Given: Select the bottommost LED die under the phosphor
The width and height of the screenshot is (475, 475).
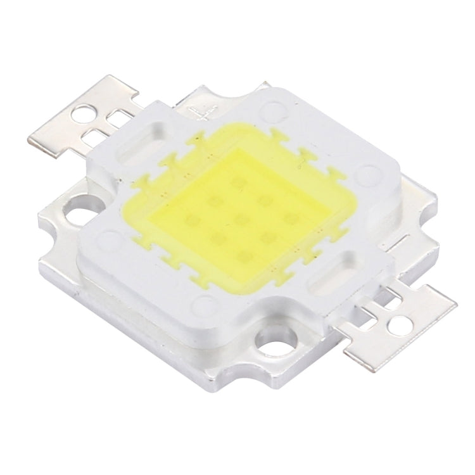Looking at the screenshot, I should pos(244,255).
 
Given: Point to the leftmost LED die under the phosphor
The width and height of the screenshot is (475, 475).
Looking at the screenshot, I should pos(188,220).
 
